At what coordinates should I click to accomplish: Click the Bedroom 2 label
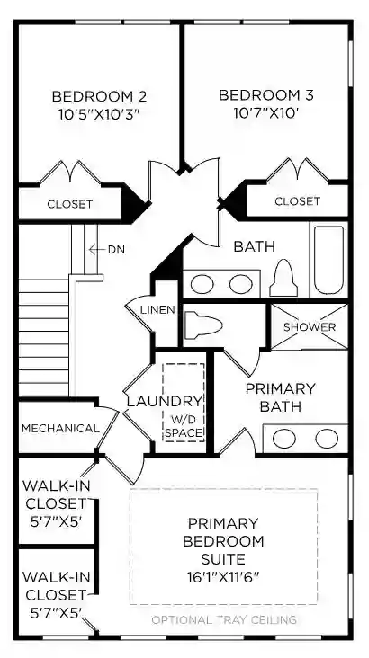click(x=99, y=96)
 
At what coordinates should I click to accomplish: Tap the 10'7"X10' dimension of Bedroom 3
click(x=266, y=113)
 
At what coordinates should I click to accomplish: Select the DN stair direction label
click(x=116, y=249)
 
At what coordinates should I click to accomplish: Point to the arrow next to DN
click(x=96, y=249)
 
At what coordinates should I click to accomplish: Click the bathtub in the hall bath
click(x=329, y=260)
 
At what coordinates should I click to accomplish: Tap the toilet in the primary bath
click(x=203, y=324)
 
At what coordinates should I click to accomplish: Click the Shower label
click(x=310, y=327)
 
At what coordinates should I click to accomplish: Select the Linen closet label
click(x=157, y=310)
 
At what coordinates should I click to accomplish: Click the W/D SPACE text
click(x=184, y=426)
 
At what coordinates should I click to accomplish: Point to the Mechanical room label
click(x=60, y=429)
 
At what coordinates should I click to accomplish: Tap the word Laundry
click(x=165, y=402)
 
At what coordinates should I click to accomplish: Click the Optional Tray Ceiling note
click(x=224, y=619)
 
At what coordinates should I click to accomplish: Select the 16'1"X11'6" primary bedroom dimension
click(x=223, y=577)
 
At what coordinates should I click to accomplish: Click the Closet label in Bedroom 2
click(x=70, y=204)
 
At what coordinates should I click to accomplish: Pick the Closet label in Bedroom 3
click(x=298, y=201)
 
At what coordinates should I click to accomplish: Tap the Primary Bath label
click(x=280, y=397)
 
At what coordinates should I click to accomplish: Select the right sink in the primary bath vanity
click(x=327, y=439)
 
